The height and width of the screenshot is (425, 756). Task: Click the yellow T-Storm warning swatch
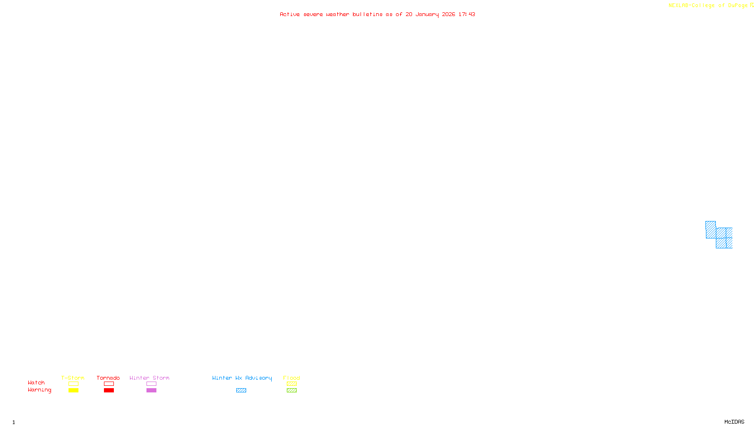(73, 391)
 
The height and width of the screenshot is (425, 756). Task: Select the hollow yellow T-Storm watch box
(73, 384)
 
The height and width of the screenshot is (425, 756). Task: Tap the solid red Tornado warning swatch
(109, 391)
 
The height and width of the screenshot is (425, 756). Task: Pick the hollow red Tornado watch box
(109, 384)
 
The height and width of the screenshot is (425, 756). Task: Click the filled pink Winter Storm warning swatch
(151, 391)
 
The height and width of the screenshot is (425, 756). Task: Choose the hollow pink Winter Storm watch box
(151, 384)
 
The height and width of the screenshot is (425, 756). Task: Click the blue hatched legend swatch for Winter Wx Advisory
(241, 391)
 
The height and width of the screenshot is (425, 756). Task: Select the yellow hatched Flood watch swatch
(292, 384)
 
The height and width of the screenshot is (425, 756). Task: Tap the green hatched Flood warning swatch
(292, 391)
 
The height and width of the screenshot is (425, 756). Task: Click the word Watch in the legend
(36, 383)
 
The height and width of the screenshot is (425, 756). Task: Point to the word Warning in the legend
(39, 390)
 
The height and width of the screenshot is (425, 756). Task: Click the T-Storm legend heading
(73, 378)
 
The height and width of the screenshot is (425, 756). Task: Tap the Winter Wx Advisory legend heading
(242, 378)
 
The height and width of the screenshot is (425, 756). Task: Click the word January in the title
(427, 15)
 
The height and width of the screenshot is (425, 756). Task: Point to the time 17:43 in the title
(467, 15)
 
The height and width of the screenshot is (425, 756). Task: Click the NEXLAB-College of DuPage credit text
(708, 6)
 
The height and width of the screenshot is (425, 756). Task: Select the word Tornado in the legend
(108, 378)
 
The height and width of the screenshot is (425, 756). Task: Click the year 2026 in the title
(449, 15)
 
